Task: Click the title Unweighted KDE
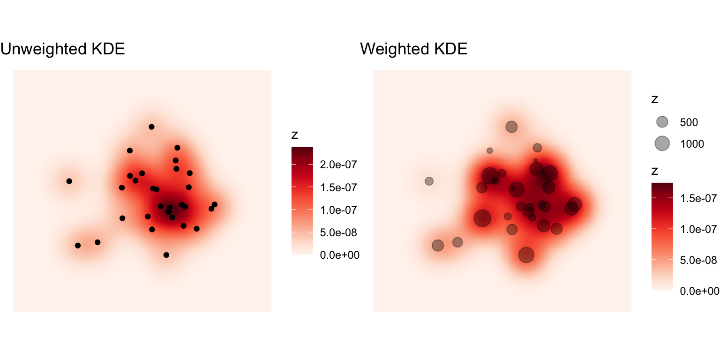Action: [63, 49]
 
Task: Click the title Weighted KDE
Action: [413, 49]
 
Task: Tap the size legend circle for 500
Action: [662, 122]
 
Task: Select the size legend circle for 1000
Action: [662, 143]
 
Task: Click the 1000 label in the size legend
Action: [692, 144]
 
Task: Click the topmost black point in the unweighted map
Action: [151, 127]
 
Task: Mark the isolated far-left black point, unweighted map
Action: [69, 181]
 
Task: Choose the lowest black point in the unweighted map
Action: [166, 255]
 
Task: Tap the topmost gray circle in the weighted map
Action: [511, 127]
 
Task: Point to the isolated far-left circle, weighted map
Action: [429, 181]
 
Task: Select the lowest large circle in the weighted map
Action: [526, 255]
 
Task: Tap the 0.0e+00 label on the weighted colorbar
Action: [699, 291]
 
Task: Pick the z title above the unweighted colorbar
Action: [295, 135]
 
